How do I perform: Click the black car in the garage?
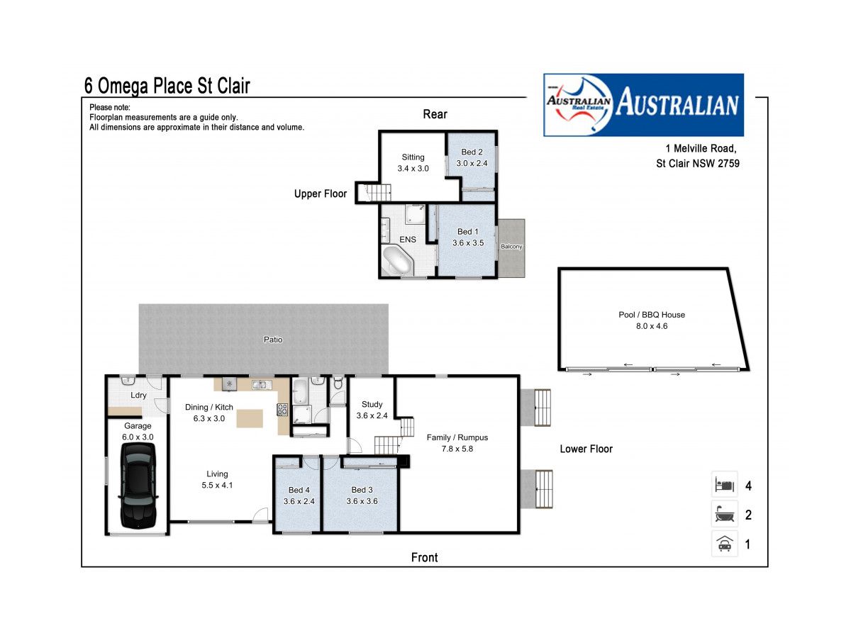point(138,486)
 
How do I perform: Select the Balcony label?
point(511,247)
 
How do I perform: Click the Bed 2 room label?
point(472,152)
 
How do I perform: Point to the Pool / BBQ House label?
point(651,315)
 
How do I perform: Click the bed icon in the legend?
point(724,484)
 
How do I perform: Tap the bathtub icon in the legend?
point(724,514)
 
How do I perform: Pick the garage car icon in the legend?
point(724,544)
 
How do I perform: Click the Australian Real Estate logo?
point(643,105)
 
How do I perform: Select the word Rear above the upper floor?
point(435,114)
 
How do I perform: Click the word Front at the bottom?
point(424,557)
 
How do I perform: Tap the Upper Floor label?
point(321,194)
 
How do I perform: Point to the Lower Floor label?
point(586,449)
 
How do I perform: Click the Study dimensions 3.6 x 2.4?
point(372,415)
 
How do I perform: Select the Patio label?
point(273,340)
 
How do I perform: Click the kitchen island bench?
point(250,419)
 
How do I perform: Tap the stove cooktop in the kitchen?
point(282,410)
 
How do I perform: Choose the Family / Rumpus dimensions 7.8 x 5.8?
point(457,449)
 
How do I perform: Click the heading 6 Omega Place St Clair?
point(167,86)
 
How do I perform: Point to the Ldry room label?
point(138,395)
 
